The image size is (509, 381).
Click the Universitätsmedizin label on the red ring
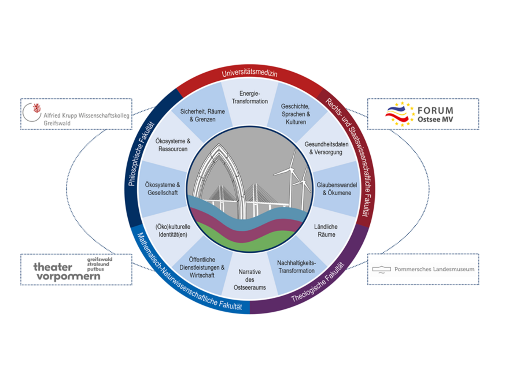(249, 74)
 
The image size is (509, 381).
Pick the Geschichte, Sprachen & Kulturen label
(296, 114)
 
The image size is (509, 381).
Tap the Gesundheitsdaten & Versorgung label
(326, 148)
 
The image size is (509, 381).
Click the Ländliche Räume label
(325, 231)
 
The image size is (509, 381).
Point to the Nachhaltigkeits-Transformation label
(296, 267)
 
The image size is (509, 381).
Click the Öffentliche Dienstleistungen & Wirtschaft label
(202, 268)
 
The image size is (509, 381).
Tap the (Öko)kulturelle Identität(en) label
(172, 230)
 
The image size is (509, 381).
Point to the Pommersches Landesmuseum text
(434, 269)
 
